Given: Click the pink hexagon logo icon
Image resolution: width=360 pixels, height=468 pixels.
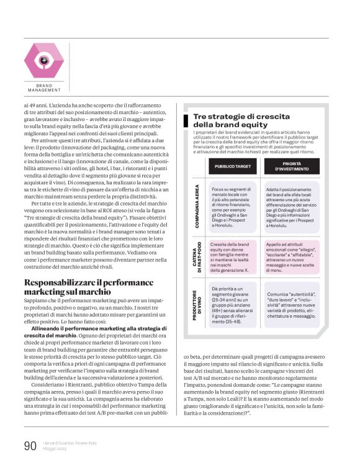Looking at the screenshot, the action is point(43,60).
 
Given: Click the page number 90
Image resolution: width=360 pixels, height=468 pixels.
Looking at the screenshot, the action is point(30,446).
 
